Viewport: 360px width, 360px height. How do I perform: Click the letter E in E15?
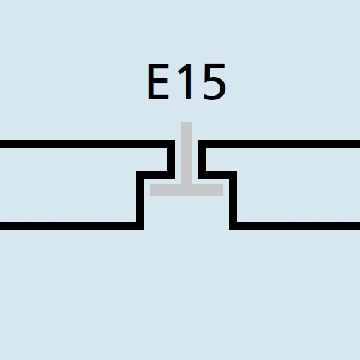pyautogui.click(x=158, y=82)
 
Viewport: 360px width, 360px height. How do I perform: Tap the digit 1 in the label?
pyautogui.click(x=186, y=81)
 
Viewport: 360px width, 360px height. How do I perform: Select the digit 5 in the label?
pyautogui.click(x=215, y=82)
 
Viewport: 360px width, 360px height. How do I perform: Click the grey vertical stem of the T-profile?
pyautogui.click(x=186, y=153)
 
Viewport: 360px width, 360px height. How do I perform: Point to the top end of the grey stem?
pyautogui.click(x=186, y=122)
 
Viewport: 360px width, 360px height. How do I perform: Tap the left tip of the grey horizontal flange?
pyautogui.click(x=150, y=190)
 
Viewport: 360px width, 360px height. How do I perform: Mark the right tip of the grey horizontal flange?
pyautogui.click(x=223, y=190)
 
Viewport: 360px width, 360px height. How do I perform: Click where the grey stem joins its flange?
pyautogui.click(x=186, y=185)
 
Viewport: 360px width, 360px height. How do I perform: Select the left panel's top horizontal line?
pyautogui.click(x=87, y=143)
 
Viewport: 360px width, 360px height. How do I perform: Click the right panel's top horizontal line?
pyautogui.click(x=279, y=143)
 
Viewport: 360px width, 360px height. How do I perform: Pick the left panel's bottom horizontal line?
pyautogui.click(x=72, y=226)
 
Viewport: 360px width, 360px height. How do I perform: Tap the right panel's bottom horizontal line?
pyautogui.click(x=294, y=226)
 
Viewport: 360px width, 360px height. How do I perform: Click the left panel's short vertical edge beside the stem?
pyautogui.click(x=171, y=159)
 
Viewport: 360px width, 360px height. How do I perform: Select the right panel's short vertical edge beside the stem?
pyautogui.click(x=202, y=159)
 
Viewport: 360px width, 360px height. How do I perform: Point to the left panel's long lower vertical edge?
pyautogui.click(x=140, y=200)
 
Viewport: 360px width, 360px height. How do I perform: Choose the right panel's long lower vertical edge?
pyautogui.click(x=233, y=200)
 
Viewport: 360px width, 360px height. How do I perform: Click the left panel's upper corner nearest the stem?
pyautogui.click(x=174, y=140)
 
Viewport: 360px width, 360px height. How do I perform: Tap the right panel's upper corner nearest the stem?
pyautogui.click(x=199, y=140)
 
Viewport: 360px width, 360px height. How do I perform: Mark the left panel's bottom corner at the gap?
pyautogui.click(x=143, y=230)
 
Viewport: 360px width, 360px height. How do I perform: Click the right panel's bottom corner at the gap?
pyautogui.click(x=230, y=230)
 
